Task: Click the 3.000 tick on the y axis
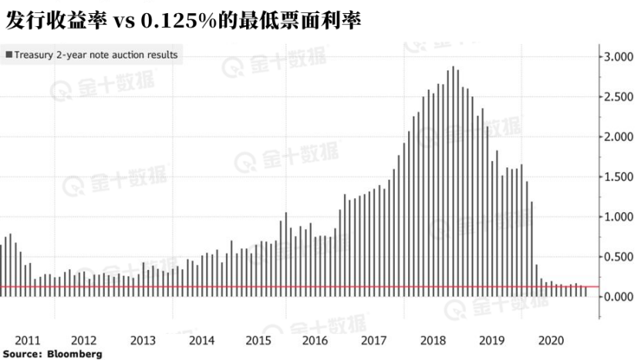pos(620,57)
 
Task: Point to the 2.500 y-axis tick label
pos(620,97)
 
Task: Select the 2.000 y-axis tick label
pos(620,137)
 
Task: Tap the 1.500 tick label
pos(620,177)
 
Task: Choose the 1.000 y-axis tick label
pos(620,217)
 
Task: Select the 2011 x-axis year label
pos(28,340)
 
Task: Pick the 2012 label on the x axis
pos(83,340)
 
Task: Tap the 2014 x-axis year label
pos(201,340)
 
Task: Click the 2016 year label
pos(316,340)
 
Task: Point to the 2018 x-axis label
pos(434,340)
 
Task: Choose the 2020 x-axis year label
pos(551,340)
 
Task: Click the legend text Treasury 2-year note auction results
pos(96,55)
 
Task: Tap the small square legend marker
pos(8,55)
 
